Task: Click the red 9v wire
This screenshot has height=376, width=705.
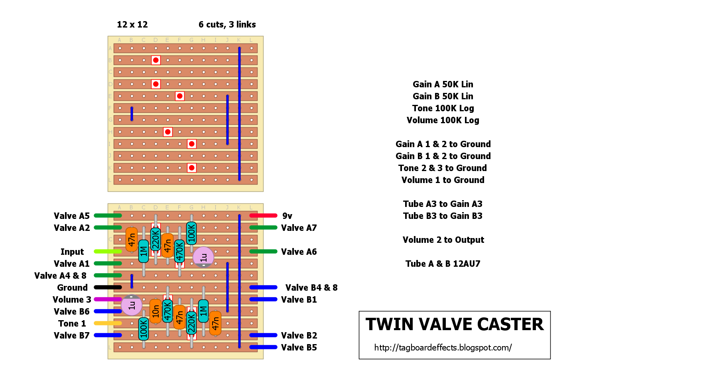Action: pos(263,216)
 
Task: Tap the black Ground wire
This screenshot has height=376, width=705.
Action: pos(108,287)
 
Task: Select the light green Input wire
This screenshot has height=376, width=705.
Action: pos(108,252)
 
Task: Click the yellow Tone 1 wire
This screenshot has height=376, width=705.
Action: pos(108,323)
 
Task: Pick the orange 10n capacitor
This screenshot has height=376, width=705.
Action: pos(156,311)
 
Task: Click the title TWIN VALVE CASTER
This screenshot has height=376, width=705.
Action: pos(455,325)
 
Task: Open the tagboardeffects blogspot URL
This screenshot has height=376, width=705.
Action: pos(443,348)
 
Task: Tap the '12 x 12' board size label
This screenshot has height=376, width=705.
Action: pos(132,25)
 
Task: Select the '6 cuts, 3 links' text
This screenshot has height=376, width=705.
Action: pos(227,25)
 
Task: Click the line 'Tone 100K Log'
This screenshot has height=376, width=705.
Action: pos(443,108)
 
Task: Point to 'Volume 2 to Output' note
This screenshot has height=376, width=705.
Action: pos(443,240)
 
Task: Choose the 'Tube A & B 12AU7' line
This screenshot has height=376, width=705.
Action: pos(443,264)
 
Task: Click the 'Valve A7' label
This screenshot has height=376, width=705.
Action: pos(299,228)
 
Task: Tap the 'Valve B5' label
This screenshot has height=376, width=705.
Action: pos(299,348)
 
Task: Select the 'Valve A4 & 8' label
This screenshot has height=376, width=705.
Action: pos(60,276)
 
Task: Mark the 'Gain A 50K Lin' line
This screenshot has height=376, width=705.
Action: pos(443,85)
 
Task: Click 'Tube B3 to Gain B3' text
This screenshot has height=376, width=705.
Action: pos(443,216)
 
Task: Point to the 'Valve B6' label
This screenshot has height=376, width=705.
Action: pos(72,312)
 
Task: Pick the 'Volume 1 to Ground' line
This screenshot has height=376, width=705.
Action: pos(443,180)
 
